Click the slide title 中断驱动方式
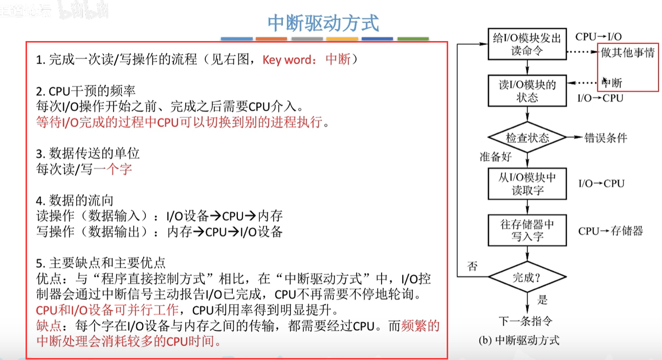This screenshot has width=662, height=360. (x=323, y=23)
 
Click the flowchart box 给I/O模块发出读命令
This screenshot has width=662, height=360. (x=526, y=44)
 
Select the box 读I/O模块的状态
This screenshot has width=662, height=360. (x=526, y=91)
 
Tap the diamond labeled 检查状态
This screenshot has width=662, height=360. (x=527, y=138)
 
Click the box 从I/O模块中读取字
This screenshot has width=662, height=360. (x=526, y=184)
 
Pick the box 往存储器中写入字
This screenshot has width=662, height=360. (x=527, y=230)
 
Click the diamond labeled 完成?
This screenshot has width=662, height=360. (x=527, y=276)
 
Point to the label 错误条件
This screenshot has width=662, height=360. (x=605, y=138)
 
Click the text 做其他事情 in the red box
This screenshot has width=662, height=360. (x=627, y=53)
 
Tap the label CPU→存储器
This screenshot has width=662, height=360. (x=610, y=231)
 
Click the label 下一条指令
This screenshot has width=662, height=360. (x=526, y=321)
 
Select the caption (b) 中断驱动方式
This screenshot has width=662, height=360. (x=519, y=341)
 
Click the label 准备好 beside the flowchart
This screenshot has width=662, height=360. (x=495, y=157)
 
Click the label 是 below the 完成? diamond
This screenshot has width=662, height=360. (x=542, y=300)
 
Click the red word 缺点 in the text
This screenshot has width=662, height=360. (x=48, y=326)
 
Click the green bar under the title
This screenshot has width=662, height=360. (x=413, y=39)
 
